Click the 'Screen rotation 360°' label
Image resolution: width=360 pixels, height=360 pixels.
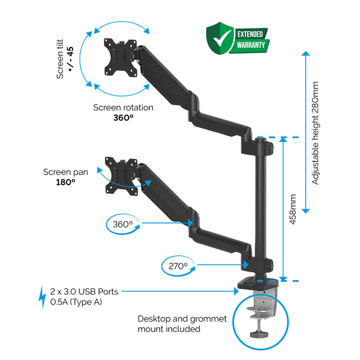pos(123,113)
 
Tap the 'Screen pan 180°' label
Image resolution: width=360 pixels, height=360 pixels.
pos(65,176)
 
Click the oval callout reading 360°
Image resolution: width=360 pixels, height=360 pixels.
pos(122,224)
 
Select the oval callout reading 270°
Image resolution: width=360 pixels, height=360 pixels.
pos(178,265)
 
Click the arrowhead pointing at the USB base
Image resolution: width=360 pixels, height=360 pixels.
pos(238,292)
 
